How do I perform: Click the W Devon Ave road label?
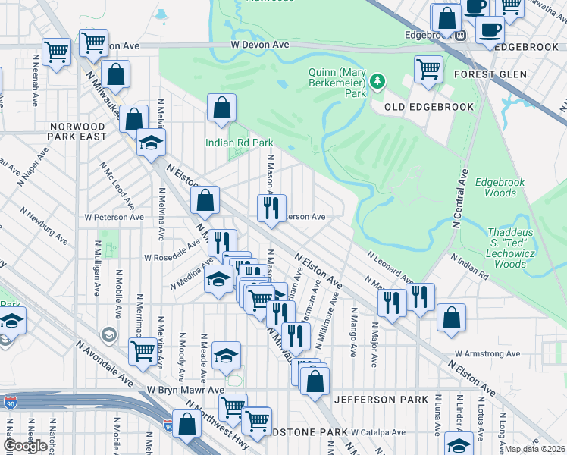pos(261,45)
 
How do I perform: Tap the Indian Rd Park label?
pos(239,143)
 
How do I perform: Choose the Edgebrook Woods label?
pos(495,187)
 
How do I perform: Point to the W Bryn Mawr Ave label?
pos(186,390)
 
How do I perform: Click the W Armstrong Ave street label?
pos(487,353)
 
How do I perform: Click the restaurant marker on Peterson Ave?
pos(271,208)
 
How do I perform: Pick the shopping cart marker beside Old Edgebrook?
pos(428,70)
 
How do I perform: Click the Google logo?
pos(24,446)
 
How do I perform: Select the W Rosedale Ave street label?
pos(172,256)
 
